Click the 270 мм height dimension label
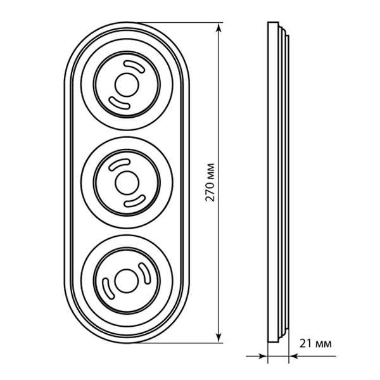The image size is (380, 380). (x=210, y=182)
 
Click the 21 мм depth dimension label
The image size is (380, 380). (x=315, y=343)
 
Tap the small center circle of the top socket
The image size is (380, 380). (x=127, y=85)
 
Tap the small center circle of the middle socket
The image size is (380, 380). (x=127, y=183)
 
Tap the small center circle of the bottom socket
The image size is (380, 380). (x=127, y=281)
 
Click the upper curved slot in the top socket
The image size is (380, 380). (x=135, y=65)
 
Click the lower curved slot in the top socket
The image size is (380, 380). (x=119, y=103)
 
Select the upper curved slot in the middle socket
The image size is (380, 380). (x=119, y=164)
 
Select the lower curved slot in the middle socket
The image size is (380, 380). (x=135, y=201)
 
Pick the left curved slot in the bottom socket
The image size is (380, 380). (x=108, y=288)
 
